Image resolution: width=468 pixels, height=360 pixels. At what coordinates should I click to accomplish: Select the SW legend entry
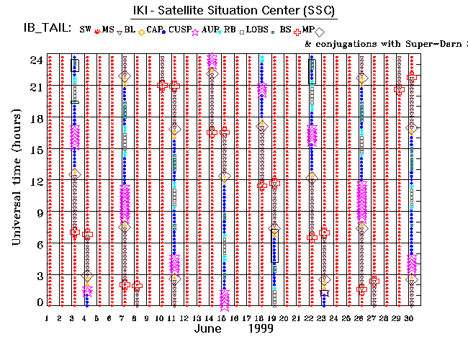tap(85, 29)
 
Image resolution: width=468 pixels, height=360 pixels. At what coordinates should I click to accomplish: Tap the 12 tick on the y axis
tap(35, 181)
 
